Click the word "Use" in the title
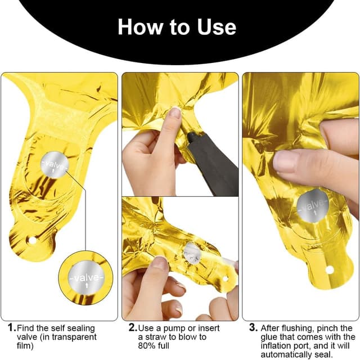coord(216,27)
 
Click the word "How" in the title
coord(140,27)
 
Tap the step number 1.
coord(12,327)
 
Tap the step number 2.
coord(133,327)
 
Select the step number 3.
coord(254,327)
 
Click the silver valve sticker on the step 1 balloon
coord(55,165)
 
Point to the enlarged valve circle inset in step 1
coord(85,278)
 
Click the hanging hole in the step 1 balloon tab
coord(32,241)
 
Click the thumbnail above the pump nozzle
coord(176,112)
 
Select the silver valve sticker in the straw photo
coord(192,253)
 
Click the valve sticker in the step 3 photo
coord(313,205)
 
